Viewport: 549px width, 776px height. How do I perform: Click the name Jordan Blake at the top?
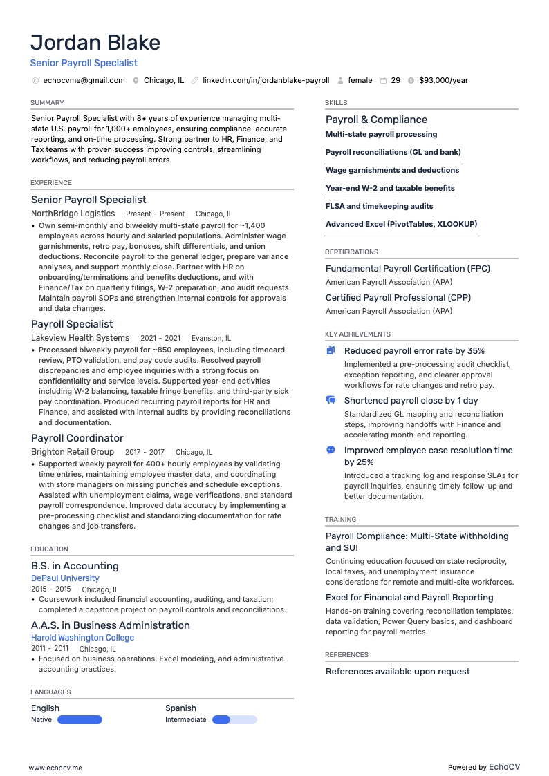(x=95, y=43)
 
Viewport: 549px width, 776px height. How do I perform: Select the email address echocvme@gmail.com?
(x=84, y=81)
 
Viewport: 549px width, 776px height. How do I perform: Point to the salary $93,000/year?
(x=443, y=81)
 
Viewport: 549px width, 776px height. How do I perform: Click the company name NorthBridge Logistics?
(x=73, y=214)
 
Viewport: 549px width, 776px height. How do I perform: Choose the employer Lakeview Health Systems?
(x=80, y=338)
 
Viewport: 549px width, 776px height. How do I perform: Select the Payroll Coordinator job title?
(x=77, y=438)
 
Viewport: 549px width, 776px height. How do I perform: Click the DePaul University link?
(x=65, y=578)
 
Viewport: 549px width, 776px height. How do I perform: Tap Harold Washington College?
(x=82, y=638)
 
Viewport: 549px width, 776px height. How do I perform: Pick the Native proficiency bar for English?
(x=80, y=720)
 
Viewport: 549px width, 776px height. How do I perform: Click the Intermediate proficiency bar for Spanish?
(x=234, y=720)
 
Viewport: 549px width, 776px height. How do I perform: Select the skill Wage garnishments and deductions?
(x=392, y=170)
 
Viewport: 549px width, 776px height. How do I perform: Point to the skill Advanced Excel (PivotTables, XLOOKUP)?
(x=401, y=224)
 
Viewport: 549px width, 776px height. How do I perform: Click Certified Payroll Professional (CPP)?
(x=395, y=298)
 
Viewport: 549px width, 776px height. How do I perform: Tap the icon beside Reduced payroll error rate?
(x=331, y=351)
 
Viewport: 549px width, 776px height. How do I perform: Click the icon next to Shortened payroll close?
(x=331, y=401)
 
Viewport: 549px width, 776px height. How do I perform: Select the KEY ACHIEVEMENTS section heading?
(x=357, y=334)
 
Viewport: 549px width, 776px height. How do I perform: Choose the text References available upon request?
(x=398, y=672)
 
